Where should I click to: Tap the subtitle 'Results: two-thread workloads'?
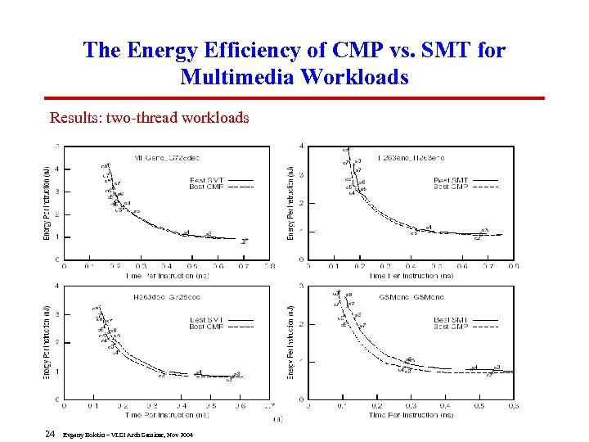(x=149, y=117)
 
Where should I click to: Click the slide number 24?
(x=49, y=433)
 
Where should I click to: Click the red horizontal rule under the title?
(x=294, y=97)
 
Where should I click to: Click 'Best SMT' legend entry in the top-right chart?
(x=451, y=180)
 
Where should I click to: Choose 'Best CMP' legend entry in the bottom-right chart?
(x=452, y=327)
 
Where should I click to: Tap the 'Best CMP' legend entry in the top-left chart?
(x=207, y=187)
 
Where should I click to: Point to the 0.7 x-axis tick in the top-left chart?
(x=243, y=266)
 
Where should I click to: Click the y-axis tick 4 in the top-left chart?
(x=56, y=169)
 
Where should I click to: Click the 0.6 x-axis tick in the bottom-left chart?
(x=240, y=406)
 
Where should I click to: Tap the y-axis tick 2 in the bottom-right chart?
(x=302, y=323)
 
